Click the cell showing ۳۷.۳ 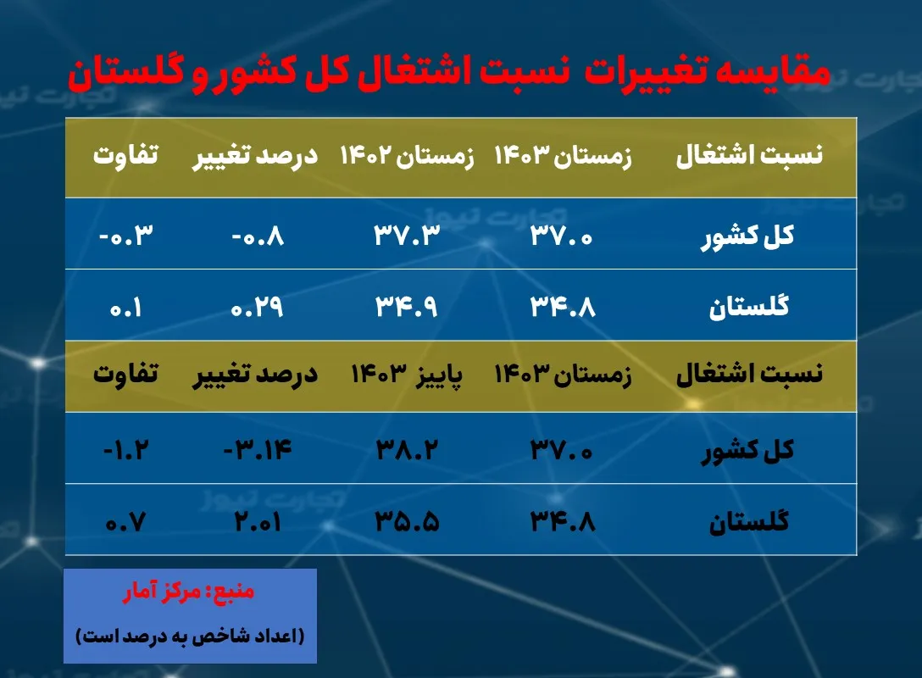(x=407, y=235)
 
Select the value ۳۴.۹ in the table (x=407, y=306)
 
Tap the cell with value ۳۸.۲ (x=407, y=449)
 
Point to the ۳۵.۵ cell (x=407, y=520)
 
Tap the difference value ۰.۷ (x=128, y=520)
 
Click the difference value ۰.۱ (x=128, y=306)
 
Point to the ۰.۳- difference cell (x=128, y=235)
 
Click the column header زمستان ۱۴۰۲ (x=407, y=158)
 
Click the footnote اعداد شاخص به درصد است (x=190, y=635)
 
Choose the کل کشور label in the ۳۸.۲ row (x=747, y=449)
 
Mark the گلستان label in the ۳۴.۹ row (x=749, y=306)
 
